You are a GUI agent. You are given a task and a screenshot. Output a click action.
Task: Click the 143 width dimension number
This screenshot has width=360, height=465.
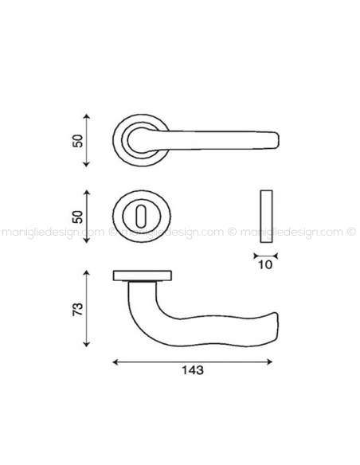point(193,369)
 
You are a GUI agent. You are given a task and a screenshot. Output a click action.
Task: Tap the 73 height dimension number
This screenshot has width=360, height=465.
point(78,309)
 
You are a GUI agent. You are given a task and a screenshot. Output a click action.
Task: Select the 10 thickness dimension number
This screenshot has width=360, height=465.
point(265,264)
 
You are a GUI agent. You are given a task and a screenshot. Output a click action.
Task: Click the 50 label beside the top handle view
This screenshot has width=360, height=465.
point(78,140)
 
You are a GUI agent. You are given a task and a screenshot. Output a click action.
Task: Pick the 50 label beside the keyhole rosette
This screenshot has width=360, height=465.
point(78,217)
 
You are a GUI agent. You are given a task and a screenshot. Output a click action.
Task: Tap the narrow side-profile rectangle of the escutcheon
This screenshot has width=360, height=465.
point(266,216)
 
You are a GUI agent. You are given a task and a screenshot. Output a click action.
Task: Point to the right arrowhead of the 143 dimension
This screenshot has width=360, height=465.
point(269,361)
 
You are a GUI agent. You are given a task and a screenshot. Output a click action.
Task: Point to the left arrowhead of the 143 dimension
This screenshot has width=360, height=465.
point(116,361)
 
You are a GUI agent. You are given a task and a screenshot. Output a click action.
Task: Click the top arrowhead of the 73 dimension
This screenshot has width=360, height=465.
point(86,273)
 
